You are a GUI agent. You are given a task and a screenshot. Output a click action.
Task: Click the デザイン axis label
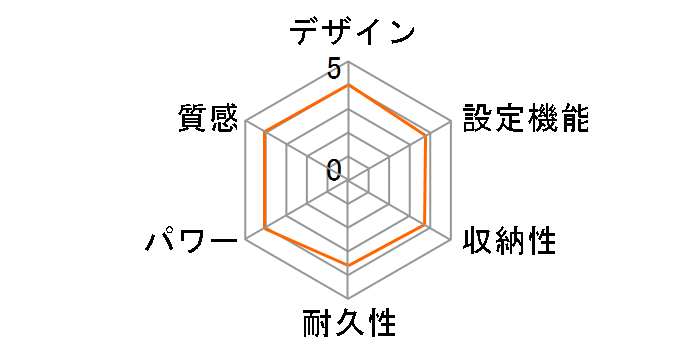352,32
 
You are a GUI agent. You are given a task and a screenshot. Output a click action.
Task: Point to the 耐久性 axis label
349,325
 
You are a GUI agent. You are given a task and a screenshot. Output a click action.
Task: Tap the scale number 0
334,169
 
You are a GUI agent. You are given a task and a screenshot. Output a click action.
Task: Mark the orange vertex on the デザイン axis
348,85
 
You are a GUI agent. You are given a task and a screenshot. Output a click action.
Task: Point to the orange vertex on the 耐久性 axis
348,266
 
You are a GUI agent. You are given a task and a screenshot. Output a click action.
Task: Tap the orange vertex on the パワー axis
265,229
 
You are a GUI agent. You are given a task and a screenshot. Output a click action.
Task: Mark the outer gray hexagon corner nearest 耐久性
348,298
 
